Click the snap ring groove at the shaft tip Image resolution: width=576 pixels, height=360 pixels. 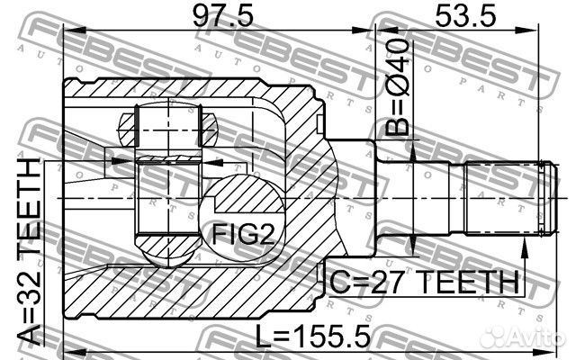(539, 196)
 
